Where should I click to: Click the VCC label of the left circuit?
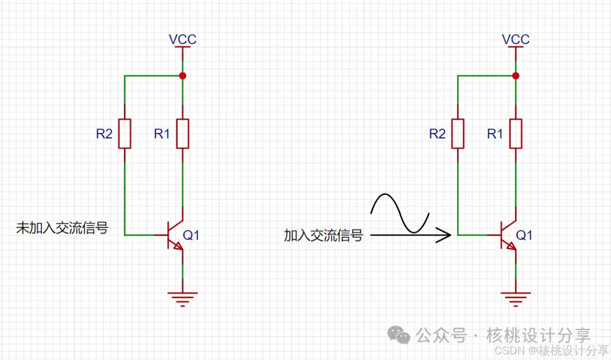tap(183, 39)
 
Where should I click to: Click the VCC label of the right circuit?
tap(516, 39)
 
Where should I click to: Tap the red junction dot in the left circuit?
tap(182, 76)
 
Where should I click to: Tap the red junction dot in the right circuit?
tap(515, 76)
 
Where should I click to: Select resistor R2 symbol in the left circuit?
tap(124, 134)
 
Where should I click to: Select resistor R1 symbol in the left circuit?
tap(182, 134)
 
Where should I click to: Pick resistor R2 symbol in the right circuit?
tap(458, 134)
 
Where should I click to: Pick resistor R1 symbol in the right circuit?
tap(515, 134)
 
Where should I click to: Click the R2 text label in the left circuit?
tap(104, 134)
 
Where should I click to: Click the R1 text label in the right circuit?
tap(495, 134)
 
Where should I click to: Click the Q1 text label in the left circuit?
tap(191, 235)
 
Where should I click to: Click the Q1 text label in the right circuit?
tap(524, 235)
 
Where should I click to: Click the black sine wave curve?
tap(399, 213)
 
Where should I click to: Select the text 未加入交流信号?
tap(62, 228)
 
